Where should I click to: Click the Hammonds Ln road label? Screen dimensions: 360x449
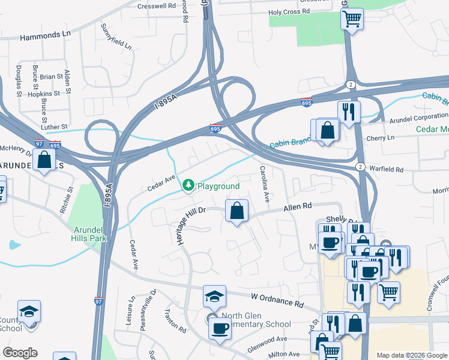(x=45, y=37)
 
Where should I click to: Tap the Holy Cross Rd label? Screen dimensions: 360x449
(x=289, y=11)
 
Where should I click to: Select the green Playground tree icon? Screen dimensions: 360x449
(x=188, y=186)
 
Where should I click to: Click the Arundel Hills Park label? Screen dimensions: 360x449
(x=90, y=234)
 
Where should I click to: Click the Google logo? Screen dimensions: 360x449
(x=20, y=353)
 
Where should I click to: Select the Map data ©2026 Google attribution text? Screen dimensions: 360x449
(x=412, y=355)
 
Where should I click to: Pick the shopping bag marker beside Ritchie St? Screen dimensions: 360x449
(x=44, y=160)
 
